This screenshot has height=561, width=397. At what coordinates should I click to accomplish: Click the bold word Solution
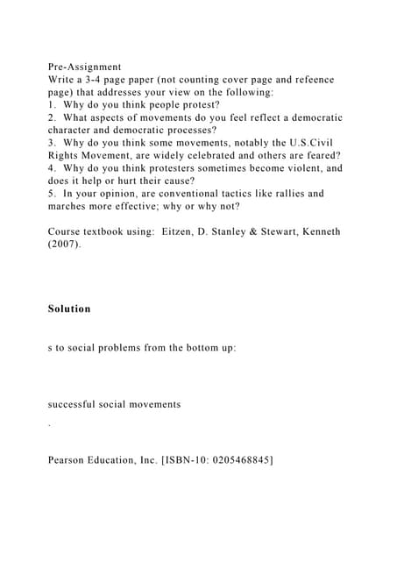69,309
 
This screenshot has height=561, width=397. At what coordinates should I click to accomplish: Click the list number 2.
53,117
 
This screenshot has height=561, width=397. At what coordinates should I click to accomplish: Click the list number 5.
53,194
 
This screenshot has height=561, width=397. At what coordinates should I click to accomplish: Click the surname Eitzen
182,231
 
